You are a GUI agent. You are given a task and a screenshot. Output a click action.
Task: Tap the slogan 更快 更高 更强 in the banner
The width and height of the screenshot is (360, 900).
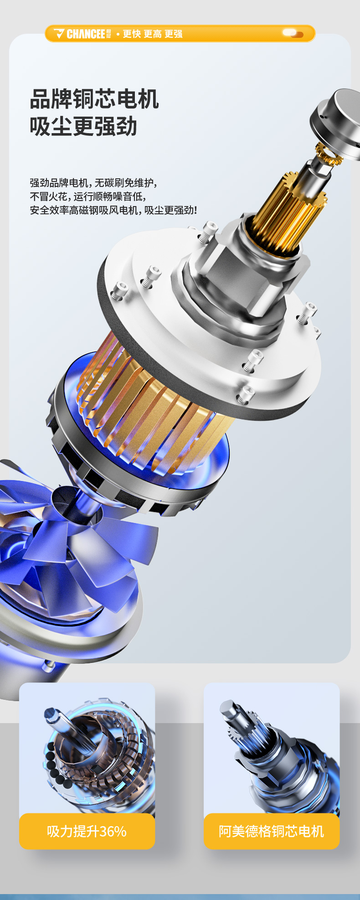[153, 34]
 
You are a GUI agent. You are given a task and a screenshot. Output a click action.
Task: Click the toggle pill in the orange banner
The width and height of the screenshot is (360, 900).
[292, 33]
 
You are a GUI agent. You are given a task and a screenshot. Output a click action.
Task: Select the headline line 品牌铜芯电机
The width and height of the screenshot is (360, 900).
[94, 99]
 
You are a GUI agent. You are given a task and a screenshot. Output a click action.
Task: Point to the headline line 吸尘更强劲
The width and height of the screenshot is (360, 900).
[83, 126]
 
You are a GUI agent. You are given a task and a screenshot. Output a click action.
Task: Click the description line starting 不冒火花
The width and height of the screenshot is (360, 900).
[88, 197]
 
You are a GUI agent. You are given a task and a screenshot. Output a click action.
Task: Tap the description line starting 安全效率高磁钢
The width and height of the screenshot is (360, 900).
[113, 210]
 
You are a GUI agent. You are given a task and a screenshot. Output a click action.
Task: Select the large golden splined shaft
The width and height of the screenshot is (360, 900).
[287, 214]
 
